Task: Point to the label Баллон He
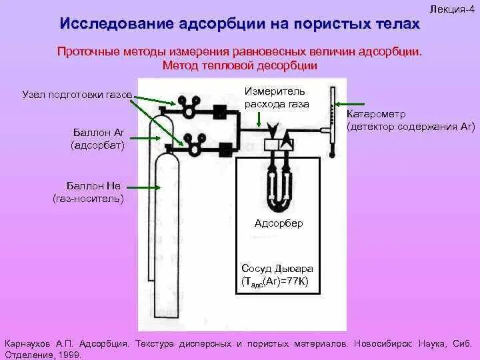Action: click(94, 187)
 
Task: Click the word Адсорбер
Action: click(279, 223)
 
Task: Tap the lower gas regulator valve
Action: click(195, 144)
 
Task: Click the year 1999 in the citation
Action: click(70, 355)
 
